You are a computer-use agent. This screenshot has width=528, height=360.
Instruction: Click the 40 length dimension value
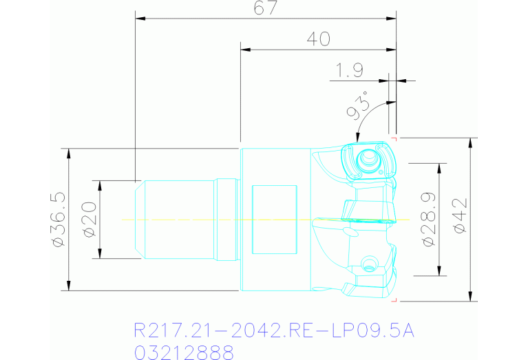click(x=318, y=39)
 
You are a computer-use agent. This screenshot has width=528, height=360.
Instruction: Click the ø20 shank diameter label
click(x=89, y=220)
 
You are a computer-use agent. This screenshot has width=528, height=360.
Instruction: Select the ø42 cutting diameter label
click(x=460, y=220)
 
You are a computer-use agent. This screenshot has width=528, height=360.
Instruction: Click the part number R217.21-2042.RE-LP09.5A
click(x=274, y=331)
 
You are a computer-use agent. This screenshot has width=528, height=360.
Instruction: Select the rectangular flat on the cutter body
click(x=274, y=218)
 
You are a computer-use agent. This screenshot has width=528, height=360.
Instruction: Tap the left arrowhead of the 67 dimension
click(x=140, y=18)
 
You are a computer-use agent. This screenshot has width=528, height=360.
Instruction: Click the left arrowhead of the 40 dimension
click(x=244, y=50)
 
